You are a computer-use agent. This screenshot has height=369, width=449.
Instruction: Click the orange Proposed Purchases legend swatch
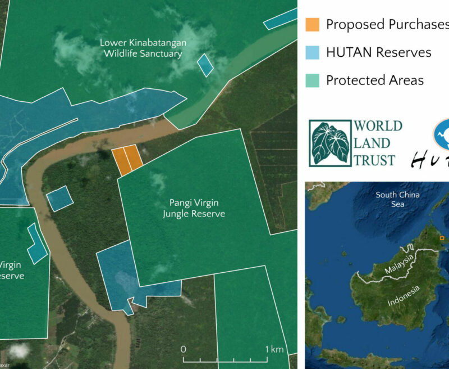tap(312, 25)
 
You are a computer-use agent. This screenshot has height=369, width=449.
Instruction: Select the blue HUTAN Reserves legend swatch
tap(312, 52)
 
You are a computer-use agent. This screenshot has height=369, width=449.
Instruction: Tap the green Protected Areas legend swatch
tap(312, 80)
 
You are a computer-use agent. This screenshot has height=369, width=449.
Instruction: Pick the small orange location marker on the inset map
tap(442, 238)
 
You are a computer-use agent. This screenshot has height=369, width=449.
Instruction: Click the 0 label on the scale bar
tap(184, 349)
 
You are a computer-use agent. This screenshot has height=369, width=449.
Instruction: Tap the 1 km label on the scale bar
tap(274, 349)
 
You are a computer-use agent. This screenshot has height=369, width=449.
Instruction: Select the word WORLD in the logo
tap(378, 126)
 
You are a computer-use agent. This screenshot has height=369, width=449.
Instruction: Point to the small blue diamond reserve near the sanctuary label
tap(206, 65)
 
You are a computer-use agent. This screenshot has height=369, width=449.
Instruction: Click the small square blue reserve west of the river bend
tap(59, 199)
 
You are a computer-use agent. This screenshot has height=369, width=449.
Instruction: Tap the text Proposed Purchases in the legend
tap(386, 25)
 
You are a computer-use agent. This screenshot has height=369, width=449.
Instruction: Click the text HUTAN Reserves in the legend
tap(378, 52)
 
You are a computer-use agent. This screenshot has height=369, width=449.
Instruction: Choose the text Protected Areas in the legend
tap(374, 80)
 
